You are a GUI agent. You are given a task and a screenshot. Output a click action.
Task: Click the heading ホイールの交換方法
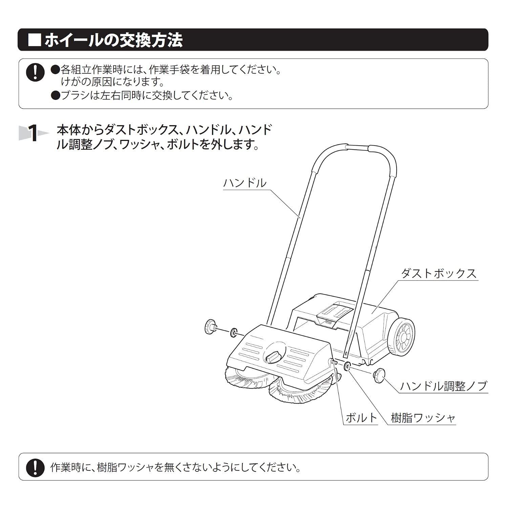pos(114,40)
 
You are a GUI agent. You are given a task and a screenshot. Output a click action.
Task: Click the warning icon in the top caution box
pos(35,72)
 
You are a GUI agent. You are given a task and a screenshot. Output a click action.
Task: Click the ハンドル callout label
pos(245,183)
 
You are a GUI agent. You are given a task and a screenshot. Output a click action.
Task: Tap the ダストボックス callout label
pos(439,273)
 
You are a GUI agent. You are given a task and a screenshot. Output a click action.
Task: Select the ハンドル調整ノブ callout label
pos(443,386)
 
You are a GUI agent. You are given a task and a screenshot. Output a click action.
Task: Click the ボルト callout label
pos(361,418)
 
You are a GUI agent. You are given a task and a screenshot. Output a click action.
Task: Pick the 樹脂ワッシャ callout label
pos(423,418)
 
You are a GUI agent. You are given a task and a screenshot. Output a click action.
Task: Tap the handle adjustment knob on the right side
pos(379,376)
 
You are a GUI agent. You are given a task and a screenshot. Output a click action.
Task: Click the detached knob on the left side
pos(211,327)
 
